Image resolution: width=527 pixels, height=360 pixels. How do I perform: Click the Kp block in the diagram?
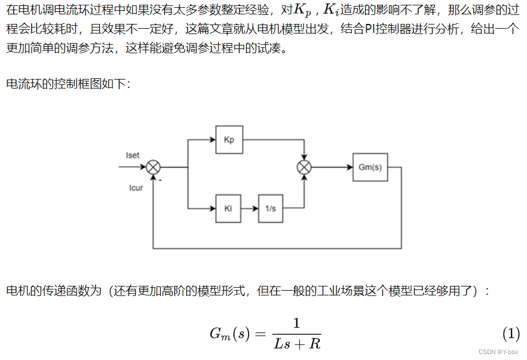pyautogui.click(x=229, y=139)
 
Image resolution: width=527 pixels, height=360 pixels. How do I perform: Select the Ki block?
pyautogui.click(x=228, y=208)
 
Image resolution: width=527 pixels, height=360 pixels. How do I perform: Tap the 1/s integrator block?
pyautogui.click(x=271, y=208)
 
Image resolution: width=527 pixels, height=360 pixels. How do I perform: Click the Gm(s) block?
pyautogui.click(x=370, y=167)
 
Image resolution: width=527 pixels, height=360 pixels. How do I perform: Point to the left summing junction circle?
pyautogui.click(x=154, y=167)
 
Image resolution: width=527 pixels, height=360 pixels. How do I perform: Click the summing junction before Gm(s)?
pyautogui.click(x=304, y=167)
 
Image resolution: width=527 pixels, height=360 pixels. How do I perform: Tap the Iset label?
pyautogui.click(x=133, y=155)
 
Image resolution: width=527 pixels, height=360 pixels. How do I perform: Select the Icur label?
pyautogui.click(x=136, y=188)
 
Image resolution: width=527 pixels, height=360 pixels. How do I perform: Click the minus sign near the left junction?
pyautogui.click(x=161, y=178)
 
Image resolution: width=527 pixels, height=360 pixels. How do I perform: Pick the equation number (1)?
pyautogui.click(x=511, y=333)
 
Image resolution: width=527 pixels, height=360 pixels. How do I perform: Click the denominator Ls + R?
pyautogui.click(x=297, y=343)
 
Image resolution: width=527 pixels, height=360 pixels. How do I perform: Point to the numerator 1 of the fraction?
pyautogui.click(x=296, y=324)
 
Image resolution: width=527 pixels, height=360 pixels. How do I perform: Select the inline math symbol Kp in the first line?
pyautogui.click(x=303, y=12)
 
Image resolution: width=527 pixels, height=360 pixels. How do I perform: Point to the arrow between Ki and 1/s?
pyautogui.click(x=250, y=208)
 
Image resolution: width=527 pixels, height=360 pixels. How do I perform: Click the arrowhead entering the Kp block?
pyautogui.click(x=212, y=139)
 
